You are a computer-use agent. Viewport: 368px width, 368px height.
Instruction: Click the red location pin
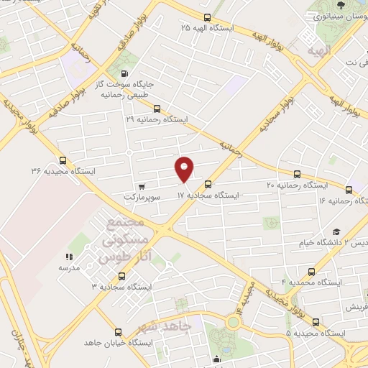coord(185,169)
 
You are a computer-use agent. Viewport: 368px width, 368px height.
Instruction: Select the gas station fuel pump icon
coord(125,73)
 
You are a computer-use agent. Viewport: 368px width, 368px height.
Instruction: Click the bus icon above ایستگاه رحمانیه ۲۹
coord(157,109)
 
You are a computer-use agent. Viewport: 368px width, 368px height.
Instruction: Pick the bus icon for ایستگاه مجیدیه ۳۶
coord(63,161)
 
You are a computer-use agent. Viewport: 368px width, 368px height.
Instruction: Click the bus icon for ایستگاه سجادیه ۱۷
coord(208,184)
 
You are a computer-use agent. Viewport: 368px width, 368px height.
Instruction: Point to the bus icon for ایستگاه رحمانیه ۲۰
coord(298,174)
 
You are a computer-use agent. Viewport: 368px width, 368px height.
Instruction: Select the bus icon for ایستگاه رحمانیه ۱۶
coord(349,190)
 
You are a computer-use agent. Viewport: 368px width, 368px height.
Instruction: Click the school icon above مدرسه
coord(70,257)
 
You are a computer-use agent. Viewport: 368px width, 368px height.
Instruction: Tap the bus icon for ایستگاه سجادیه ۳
coord(121,276)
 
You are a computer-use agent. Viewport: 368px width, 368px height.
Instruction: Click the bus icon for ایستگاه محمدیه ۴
coord(310,272)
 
